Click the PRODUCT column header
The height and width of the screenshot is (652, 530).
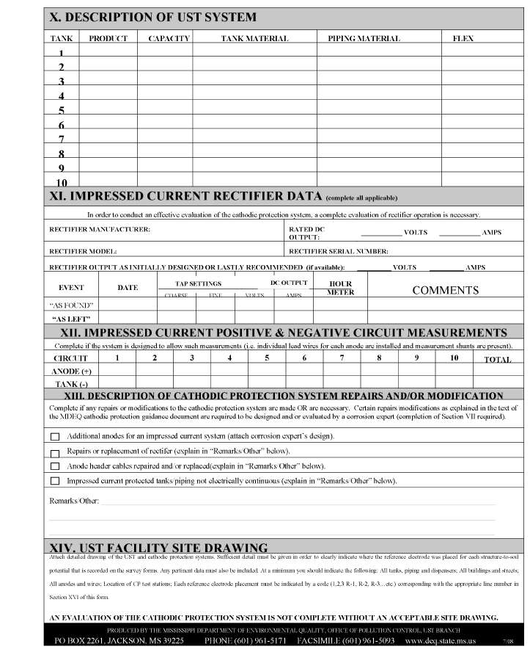(108, 38)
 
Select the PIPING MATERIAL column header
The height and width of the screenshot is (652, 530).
(364, 38)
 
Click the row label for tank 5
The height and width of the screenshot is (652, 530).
(62, 111)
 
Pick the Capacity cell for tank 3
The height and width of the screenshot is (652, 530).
(169, 81)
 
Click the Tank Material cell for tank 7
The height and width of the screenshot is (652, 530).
(254, 140)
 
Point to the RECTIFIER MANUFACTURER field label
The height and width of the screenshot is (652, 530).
(100, 230)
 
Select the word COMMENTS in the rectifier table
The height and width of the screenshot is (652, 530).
(445, 290)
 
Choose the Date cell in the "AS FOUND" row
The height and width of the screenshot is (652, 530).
(128, 304)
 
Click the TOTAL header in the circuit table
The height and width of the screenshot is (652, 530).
(498, 360)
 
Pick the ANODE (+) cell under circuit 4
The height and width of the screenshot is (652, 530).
(229, 372)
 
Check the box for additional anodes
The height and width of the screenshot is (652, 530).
(55, 437)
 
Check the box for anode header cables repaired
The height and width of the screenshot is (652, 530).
(55, 466)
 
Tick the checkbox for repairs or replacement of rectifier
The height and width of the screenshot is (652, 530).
(55, 452)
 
